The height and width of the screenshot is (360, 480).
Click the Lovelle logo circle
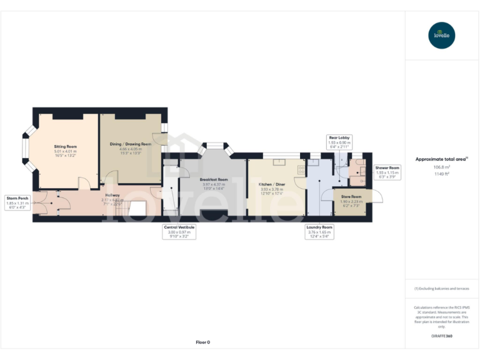point(442,35)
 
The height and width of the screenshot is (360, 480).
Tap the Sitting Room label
point(65,146)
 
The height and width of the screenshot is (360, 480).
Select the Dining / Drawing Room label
point(131,144)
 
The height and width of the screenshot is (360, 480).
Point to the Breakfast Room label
point(214,179)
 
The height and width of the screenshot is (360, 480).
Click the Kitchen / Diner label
point(272,184)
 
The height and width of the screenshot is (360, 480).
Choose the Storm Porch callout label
point(18,198)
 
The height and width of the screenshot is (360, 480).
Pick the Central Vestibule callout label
point(179,227)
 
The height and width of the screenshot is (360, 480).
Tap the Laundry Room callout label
point(319,227)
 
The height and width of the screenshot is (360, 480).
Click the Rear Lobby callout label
point(339,137)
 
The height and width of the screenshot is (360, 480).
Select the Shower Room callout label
point(387,167)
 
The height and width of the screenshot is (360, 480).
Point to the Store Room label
point(351,196)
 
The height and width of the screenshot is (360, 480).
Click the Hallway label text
point(112,195)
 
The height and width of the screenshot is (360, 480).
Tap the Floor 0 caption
point(202,342)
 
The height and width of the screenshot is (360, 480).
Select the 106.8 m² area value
point(442,167)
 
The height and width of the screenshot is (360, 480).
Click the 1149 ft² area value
point(442,174)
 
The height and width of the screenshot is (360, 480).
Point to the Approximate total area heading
point(442,159)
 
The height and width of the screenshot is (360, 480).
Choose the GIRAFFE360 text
point(442,336)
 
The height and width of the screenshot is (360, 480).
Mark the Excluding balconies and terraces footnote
point(442,289)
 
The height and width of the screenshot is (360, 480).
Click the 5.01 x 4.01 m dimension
point(65,151)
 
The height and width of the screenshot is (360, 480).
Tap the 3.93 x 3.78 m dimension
point(272,189)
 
